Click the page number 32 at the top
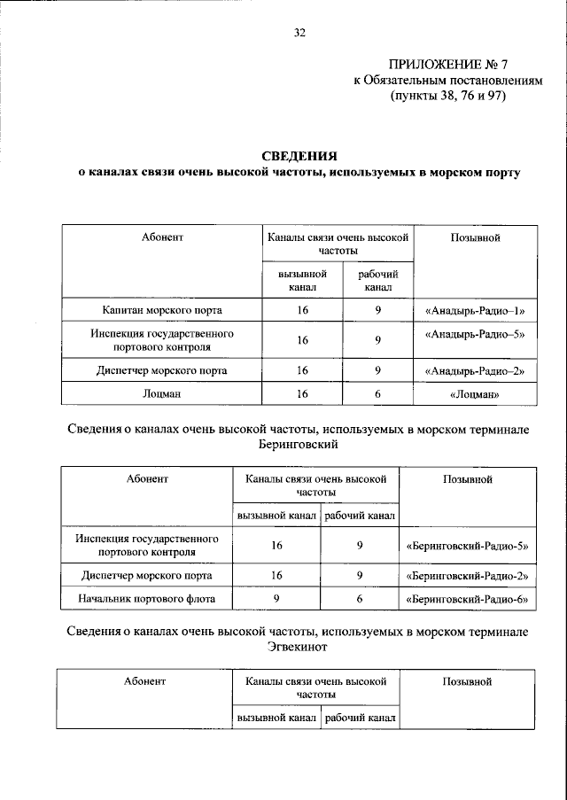(x=299, y=33)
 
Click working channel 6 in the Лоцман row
(x=377, y=393)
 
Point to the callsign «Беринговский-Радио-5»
(x=466, y=547)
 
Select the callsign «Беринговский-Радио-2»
(x=466, y=576)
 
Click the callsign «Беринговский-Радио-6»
(x=466, y=600)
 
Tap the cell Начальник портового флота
(x=147, y=600)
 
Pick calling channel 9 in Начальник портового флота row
(x=276, y=600)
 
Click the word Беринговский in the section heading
(x=299, y=444)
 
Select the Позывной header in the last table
(x=466, y=681)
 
